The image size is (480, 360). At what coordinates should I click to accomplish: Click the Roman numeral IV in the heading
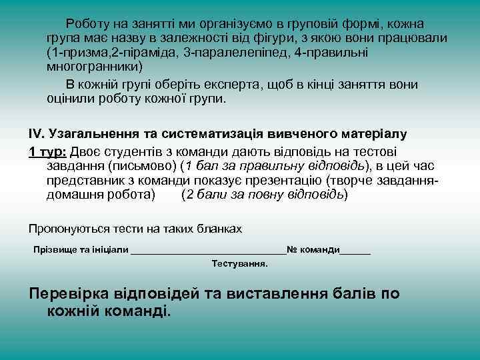[x=36, y=134]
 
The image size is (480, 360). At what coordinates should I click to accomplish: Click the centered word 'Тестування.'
[x=239, y=263]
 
